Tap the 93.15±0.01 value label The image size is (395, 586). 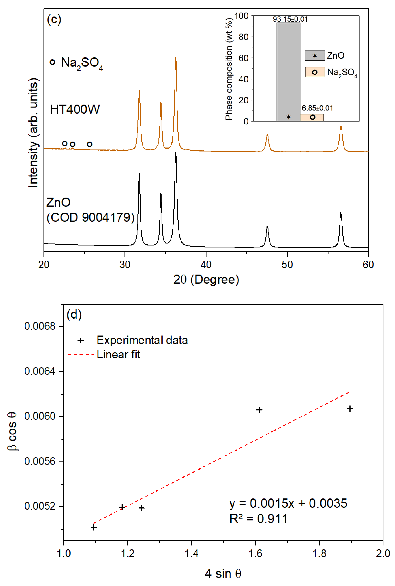pos(290,19)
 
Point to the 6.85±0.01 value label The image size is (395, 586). pos(317,108)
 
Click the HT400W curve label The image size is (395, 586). pos(75,110)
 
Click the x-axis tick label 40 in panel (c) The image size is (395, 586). pos(206,265)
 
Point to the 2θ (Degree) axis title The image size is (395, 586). pos(206,279)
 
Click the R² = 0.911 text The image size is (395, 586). pos(258,519)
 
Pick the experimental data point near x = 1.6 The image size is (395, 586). pos(259,410)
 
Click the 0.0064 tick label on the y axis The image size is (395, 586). pos(40,371)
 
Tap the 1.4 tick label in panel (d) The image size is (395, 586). pos(191,553)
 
